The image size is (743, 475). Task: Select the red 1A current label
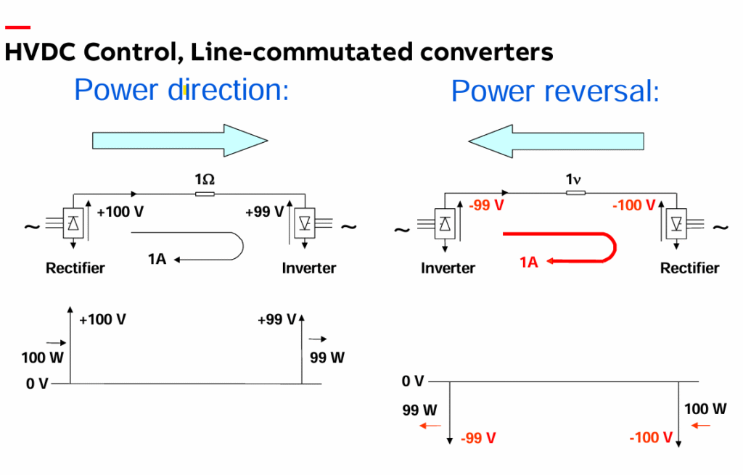point(528,263)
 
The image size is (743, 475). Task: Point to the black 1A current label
point(156,258)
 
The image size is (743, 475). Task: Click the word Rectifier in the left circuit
point(75,268)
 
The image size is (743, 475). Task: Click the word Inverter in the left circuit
point(309,268)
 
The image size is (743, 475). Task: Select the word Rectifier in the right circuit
point(689,268)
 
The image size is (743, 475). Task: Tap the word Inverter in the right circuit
point(448,268)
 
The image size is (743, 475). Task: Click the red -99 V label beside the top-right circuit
point(487,205)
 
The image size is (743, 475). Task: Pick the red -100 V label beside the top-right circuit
point(633,205)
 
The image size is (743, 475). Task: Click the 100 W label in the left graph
point(43,358)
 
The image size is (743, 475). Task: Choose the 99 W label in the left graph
point(327,358)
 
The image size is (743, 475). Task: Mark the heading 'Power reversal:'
point(555,92)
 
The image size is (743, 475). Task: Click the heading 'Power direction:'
point(181,90)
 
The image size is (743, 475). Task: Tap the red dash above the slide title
point(17,28)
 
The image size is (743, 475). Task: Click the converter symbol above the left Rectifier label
point(73,224)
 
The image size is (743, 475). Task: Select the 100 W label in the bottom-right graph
point(705,409)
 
